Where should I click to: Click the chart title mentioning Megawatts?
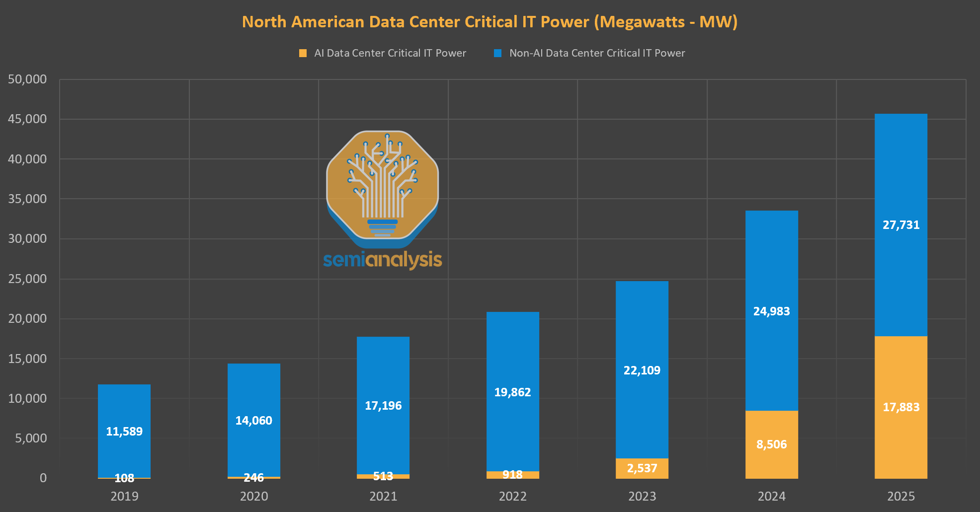pyautogui.click(x=490, y=22)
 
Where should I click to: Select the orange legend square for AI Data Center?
pyautogui.click(x=303, y=53)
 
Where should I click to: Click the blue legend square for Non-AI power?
pyautogui.click(x=497, y=53)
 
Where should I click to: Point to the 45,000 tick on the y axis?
pyautogui.click(x=27, y=119)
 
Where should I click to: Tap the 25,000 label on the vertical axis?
pyautogui.click(x=27, y=279)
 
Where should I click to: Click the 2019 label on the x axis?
pyautogui.click(x=124, y=496)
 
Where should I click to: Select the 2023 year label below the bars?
pyautogui.click(x=642, y=496)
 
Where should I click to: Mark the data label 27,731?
pyautogui.click(x=901, y=225)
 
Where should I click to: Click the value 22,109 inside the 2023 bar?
pyautogui.click(x=642, y=370)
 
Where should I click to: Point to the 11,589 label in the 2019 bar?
pyautogui.click(x=124, y=432)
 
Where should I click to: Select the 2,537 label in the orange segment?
pyautogui.click(x=642, y=468)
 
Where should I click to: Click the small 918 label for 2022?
pyautogui.click(x=512, y=475)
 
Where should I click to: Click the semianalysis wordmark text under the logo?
pyautogui.click(x=382, y=260)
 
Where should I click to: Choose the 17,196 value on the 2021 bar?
pyautogui.click(x=383, y=406)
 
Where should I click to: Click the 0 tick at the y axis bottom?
pyautogui.click(x=43, y=478)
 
